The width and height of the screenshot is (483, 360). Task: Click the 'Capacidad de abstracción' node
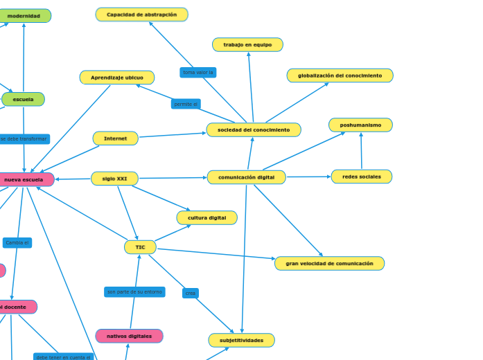(x=141, y=15)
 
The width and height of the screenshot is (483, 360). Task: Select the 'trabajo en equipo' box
(x=247, y=45)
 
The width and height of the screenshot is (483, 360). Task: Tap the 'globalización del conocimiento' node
(x=340, y=75)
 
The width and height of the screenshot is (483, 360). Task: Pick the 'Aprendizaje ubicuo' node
(x=116, y=78)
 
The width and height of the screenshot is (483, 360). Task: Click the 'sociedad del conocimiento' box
(x=254, y=130)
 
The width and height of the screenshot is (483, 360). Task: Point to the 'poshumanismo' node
(x=360, y=125)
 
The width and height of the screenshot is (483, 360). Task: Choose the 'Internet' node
(x=115, y=138)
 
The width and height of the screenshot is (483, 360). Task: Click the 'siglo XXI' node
(x=114, y=179)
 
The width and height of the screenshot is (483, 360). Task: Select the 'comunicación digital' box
(x=246, y=177)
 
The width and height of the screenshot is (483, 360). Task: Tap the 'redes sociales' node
(x=361, y=177)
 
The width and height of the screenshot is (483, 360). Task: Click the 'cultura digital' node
(x=207, y=218)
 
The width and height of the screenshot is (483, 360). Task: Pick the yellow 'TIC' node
(x=140, y=247)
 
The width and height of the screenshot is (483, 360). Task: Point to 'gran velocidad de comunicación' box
(x=329, y=264)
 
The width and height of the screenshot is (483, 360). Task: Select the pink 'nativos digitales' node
(x=129, y=336)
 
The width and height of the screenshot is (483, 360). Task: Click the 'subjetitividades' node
(x=241, y=341)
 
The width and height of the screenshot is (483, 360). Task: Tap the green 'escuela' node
(x=23, y=100)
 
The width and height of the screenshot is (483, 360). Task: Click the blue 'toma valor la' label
(x=197, y=73)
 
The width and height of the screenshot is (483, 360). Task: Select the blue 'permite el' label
(x=186, y=105)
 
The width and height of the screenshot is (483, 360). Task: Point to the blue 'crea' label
(x=190, y=294)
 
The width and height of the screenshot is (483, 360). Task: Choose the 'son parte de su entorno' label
(x=134, y=292)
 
